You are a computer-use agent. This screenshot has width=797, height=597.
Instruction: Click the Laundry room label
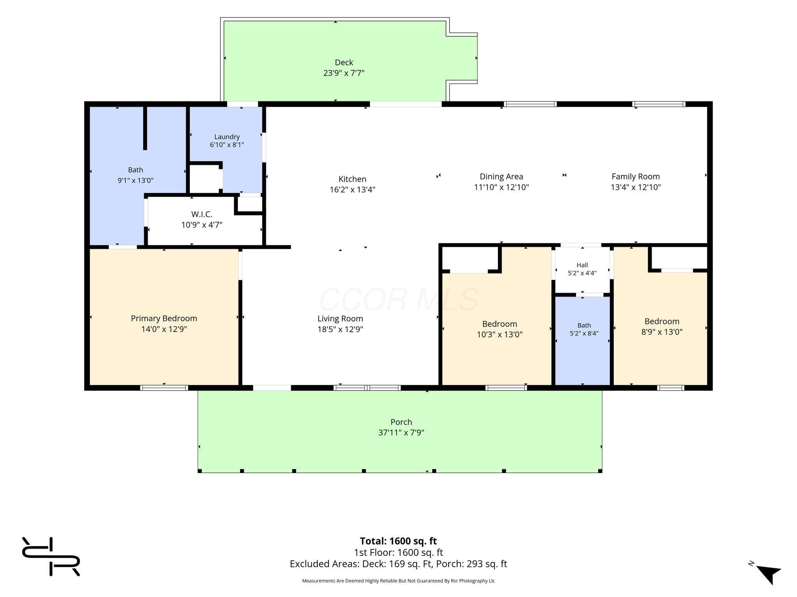click(227, 137)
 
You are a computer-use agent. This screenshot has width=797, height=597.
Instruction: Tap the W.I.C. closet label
click(202, 214)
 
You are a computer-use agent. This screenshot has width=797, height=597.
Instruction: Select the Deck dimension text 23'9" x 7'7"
click(344, 73)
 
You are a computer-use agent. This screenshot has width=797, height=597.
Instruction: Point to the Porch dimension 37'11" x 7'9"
click(401, 433)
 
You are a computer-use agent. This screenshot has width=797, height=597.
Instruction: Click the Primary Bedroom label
click(164, 318)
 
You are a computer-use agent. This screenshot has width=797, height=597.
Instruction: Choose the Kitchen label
click(352, 179)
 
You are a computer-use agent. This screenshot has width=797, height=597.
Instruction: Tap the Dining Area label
click(501, 177)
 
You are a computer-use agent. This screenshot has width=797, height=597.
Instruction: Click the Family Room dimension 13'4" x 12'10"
click(635, 187)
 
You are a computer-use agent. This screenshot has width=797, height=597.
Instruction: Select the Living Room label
click(340, 319)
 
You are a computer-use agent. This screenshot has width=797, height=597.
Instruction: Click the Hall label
click(582, 265)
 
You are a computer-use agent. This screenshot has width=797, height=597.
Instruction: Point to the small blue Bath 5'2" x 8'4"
click(583, 341)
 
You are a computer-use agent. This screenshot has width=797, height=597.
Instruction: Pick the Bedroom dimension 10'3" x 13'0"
click(500, 334)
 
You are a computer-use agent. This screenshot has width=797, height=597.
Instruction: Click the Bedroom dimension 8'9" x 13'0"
click(662, 332)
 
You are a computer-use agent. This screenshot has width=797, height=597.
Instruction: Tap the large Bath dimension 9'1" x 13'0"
click(135, 180)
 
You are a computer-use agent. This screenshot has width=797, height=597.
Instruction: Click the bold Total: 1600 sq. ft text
click(398, 541)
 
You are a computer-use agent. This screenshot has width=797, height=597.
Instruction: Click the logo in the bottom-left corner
click(51, 556)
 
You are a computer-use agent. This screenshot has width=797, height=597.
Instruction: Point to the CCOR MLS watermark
click(398, 299)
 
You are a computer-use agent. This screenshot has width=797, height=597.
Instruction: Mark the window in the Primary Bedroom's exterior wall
click(164, 388)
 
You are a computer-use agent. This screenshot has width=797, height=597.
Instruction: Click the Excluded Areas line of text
click(398, 564)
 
